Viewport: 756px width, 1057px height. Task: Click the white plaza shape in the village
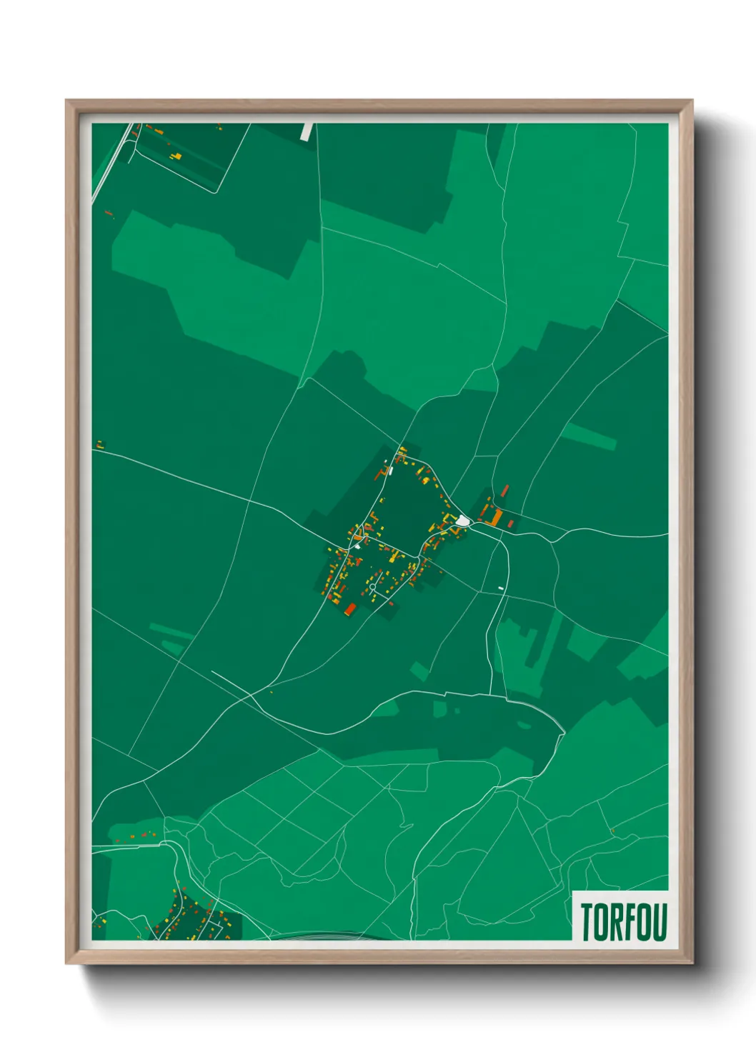click(x=463, y=521)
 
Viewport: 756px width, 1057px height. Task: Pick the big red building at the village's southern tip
click(x=350, y=608)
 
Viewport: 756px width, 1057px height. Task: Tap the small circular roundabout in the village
click(x=372, y=587)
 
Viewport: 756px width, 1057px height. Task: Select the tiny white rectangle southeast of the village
click(x=501, y=588)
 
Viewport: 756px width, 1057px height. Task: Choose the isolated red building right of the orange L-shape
click(x=511, y=524)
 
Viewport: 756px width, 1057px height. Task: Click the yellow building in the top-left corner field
click(x=177, y=156)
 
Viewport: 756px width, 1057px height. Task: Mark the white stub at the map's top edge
click(x=307, y=131)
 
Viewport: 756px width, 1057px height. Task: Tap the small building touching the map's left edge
click(x=99, y=445)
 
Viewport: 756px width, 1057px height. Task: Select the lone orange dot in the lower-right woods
click(x=612, y=830)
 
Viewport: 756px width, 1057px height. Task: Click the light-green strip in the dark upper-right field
click(x=589, y=436)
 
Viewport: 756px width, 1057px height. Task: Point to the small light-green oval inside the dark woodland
click(x=524, y=726)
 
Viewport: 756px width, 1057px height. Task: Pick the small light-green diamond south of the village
click(x=420, y=671)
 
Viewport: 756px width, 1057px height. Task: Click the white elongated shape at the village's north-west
click(x=390, y=471)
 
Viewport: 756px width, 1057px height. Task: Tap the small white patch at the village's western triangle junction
click(x=357, y=546)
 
